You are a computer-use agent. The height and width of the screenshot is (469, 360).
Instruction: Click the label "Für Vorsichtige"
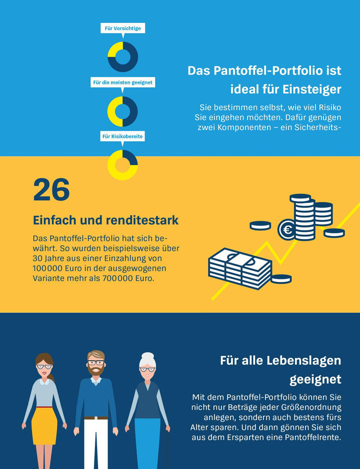click(122, 28)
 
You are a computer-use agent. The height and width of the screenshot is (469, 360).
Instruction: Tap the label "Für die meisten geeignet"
click(122, 82)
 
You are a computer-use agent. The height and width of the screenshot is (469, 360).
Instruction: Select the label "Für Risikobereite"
click(122, 136)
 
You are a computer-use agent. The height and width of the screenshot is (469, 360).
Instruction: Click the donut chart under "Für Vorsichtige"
click(122, 57)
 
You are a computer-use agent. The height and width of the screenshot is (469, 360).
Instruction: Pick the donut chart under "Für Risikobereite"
click(122, 165)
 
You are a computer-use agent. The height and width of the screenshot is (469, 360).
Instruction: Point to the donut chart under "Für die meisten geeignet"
click(122, 111)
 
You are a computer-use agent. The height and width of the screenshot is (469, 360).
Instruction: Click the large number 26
click(51, 190)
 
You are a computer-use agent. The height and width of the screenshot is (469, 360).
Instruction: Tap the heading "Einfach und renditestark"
click(105, 220)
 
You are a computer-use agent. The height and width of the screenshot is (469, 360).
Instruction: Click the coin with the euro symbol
click(287, 230)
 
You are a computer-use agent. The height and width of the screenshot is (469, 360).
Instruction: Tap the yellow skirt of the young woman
click(44, 425)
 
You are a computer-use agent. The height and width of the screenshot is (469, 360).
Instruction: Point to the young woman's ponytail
click(51, 376)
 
